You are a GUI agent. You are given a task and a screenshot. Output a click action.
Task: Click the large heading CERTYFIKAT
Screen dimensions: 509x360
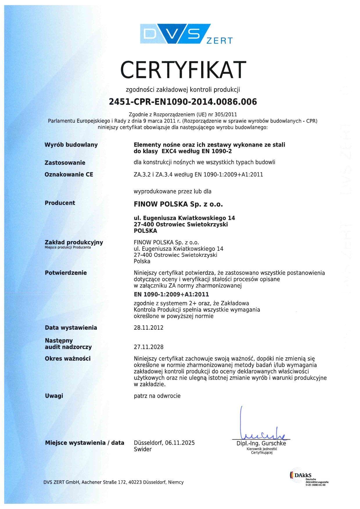[x=183, y=70]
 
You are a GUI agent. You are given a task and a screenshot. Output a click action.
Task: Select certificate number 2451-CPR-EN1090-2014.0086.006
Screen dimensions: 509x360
[x=183, y=102]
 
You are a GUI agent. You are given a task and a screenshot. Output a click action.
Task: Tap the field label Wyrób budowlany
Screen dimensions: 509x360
[x=71, y=145]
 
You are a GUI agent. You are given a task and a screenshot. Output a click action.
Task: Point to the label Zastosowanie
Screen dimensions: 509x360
[x=65, y=163]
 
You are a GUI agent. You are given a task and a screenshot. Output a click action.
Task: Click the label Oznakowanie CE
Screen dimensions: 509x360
[x=69, y=174]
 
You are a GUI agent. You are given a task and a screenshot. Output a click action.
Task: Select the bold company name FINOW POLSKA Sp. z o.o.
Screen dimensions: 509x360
[x=178, y=204]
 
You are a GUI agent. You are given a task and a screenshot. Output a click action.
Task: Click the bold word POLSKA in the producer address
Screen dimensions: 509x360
[x=145, y=231]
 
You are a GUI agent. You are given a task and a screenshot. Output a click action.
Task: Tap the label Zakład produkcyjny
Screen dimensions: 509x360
[x=74, y=242]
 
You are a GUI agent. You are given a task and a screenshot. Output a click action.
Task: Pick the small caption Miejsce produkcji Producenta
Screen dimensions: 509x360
[x=68, y=248]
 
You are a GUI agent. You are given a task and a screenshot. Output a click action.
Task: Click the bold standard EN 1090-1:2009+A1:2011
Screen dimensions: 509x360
[x=171, y=295]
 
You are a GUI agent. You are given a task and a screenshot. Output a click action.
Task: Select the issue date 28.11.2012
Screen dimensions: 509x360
[x=149, y=328]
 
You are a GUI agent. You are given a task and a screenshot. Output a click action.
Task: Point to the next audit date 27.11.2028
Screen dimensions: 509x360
[x=149, y=347]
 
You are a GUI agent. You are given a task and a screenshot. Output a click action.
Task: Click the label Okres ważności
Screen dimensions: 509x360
[x=68, y=359]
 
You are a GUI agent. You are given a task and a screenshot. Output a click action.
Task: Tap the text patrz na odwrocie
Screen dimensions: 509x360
[x=157, y=396]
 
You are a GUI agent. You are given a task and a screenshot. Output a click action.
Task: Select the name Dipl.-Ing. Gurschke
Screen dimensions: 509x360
[x=261, y=443]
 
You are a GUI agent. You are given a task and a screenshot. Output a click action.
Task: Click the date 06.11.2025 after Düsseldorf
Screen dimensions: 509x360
[x=180, y=443]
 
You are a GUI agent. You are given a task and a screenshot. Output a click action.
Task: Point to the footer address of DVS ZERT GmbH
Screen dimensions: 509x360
[x=114, y=482]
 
